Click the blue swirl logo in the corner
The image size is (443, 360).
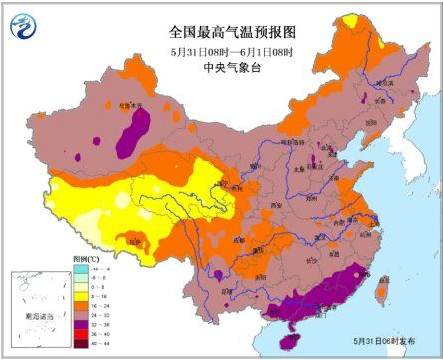(24, 23)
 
